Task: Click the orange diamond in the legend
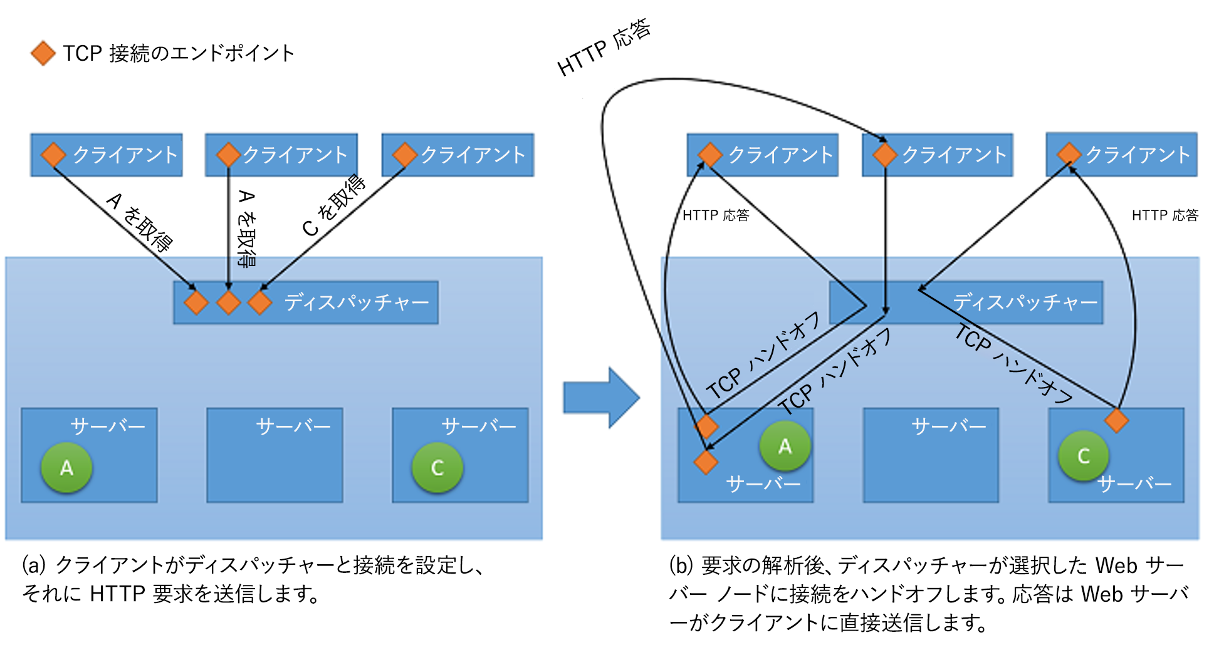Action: coord(43,53)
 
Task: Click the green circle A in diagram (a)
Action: coord(66,467)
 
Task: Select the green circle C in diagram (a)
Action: coord(437,467)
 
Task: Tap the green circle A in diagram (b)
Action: coord(785,446)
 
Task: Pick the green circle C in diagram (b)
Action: coord(1083,455)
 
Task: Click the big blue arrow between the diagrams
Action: coord(600,398)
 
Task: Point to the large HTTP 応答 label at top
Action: coord(604,47)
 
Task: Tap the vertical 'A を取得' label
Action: coord(247,229)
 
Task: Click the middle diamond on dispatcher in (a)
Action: coord(228,302)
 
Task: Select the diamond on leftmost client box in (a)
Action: coord(53,155)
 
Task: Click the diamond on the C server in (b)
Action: coord(1116,420)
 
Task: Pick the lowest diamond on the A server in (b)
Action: coord(706,462)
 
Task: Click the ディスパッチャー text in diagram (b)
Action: coord(1025,302)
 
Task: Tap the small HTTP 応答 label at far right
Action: coord(1164,215)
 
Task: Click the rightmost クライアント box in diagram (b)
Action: coord(1121,155)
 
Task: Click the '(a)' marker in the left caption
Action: coord(34,565)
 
